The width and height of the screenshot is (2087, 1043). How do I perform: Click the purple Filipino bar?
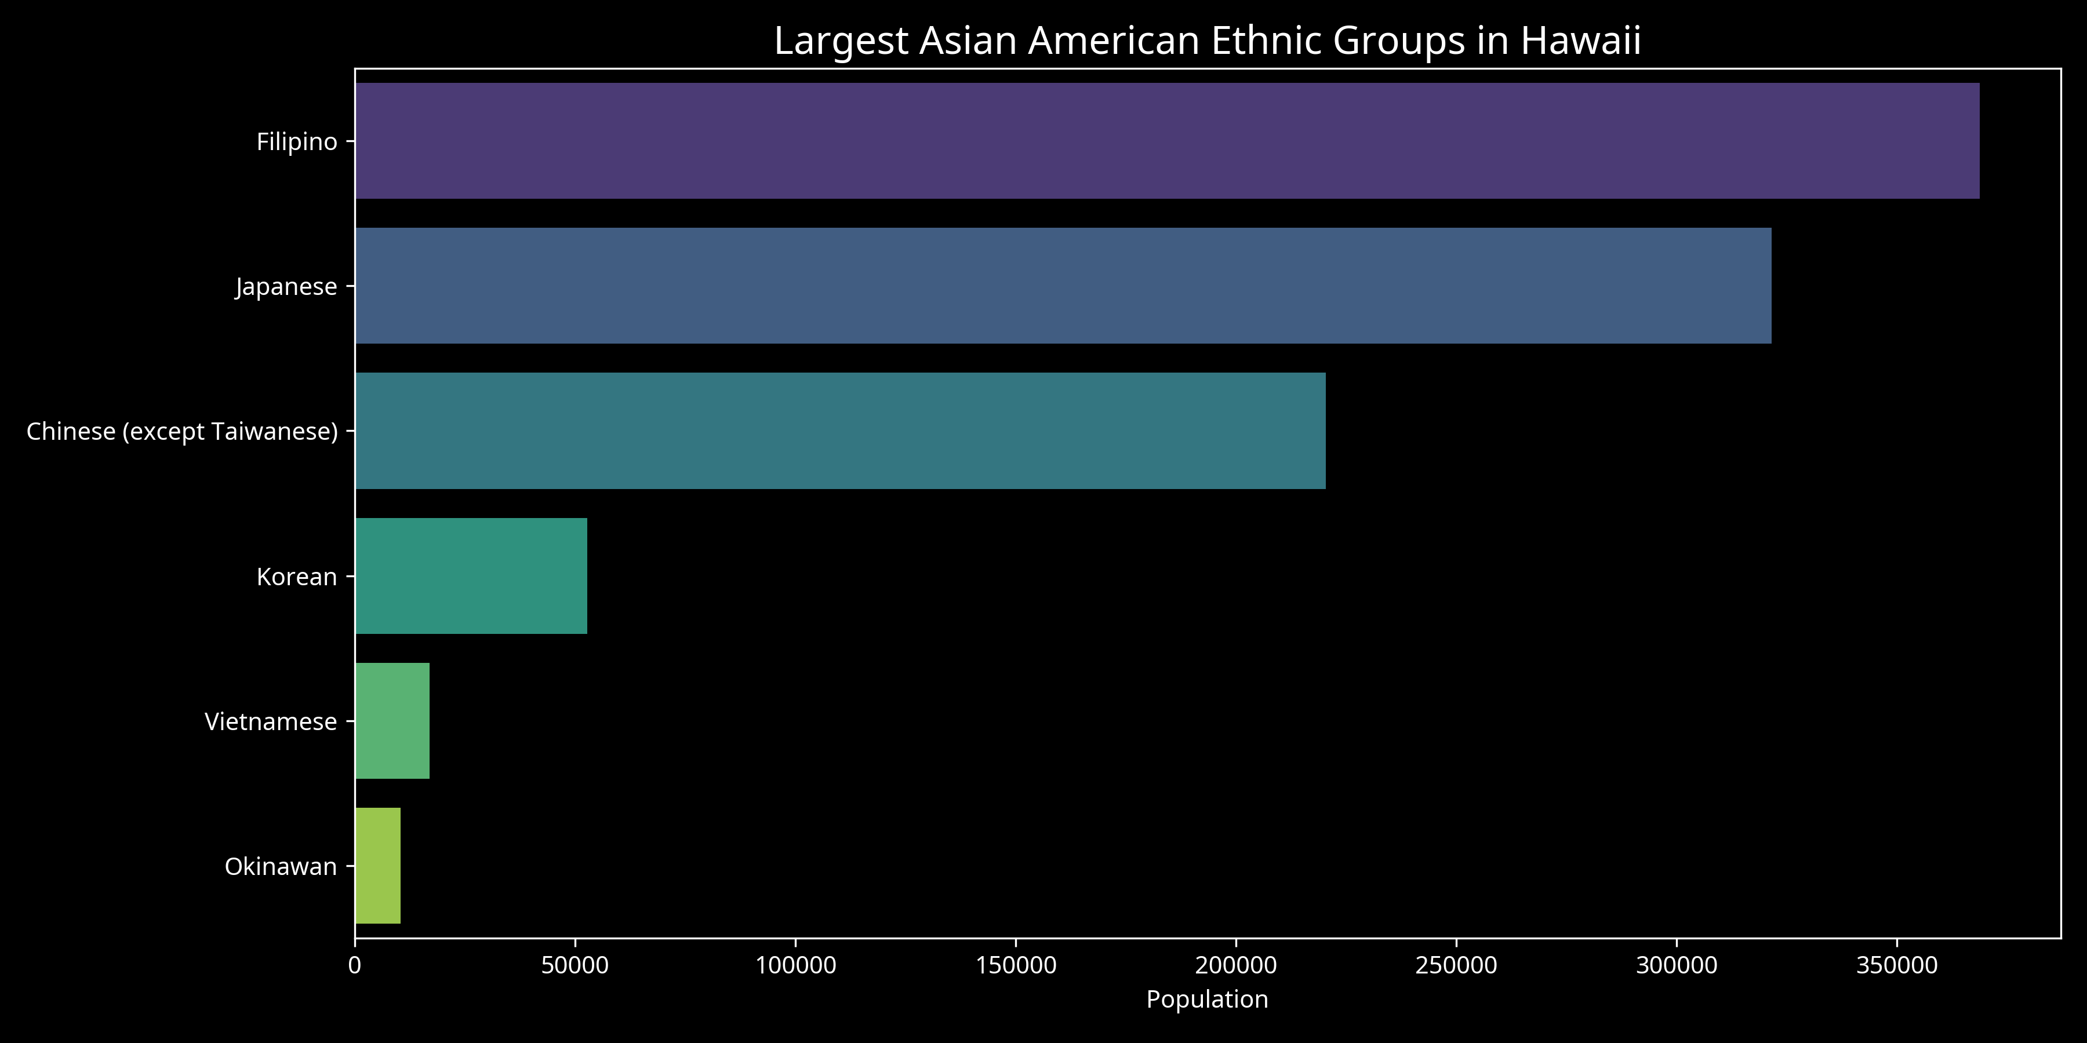(1166, 141)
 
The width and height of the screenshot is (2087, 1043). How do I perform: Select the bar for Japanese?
(1063, 286)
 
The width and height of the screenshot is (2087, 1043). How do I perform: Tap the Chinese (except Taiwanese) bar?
(840, 431)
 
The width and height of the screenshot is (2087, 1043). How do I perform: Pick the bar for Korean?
(471, 576)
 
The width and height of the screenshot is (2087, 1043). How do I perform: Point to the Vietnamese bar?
(392, 721)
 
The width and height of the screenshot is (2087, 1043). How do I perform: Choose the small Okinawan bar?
(377, 866)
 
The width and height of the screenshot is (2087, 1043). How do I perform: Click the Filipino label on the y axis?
(296, 142)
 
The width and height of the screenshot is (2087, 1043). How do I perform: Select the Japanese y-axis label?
(286, 287)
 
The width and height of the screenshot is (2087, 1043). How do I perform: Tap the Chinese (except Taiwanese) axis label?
(181, 432)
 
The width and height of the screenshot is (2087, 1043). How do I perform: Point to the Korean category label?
(296, 577)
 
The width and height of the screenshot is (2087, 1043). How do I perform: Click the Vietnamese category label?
(271, 721)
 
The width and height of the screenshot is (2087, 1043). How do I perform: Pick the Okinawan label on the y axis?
(281, 866)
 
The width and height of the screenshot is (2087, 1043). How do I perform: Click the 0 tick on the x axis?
(355, 965)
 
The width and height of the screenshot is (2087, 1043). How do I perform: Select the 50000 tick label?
(575, 965)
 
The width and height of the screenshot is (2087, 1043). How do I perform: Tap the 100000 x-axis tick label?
(795, 965)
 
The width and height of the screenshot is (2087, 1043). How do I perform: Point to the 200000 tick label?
(1237, 965)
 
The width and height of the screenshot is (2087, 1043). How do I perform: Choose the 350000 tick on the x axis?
(1897, 965)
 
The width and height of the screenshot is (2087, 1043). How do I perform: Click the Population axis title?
(1207, 1000)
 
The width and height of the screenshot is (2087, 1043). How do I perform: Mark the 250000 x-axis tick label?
(1456, 965)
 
